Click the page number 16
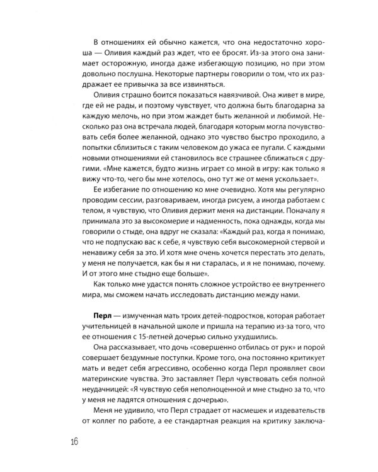coord(69,440)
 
